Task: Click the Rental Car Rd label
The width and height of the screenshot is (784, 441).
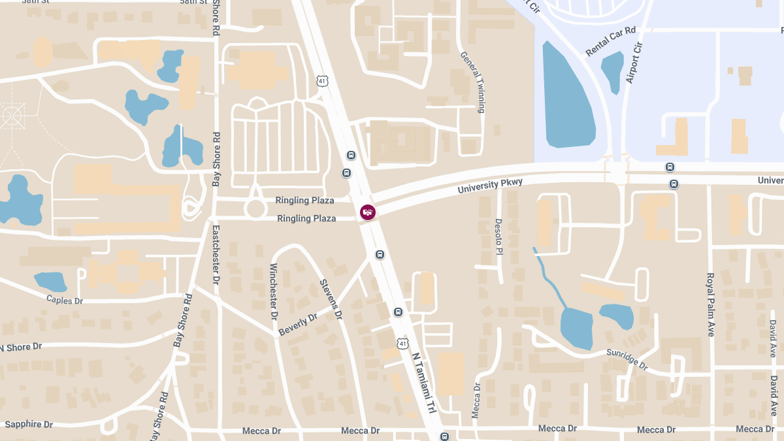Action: tap(611, 41)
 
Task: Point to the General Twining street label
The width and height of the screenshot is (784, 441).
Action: tap(472, 82)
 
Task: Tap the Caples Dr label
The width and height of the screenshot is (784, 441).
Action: tap(65, 301)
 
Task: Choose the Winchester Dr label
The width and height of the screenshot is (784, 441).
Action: tap(274, 291)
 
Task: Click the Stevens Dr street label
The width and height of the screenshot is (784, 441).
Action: tap(331, 299)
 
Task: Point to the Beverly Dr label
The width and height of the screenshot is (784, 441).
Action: tap(297, 324)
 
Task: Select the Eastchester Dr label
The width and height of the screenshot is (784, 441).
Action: tap(216, 254)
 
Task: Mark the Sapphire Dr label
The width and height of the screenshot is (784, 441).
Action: tap(29, 424)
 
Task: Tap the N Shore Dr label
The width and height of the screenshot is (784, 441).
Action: tap(21, 347)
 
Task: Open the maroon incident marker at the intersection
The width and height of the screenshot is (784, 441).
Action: tap(368, 212)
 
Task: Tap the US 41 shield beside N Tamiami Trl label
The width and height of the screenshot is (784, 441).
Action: tap(402, 342)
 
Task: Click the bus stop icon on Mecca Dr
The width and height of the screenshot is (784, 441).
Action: tap(444, 436)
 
